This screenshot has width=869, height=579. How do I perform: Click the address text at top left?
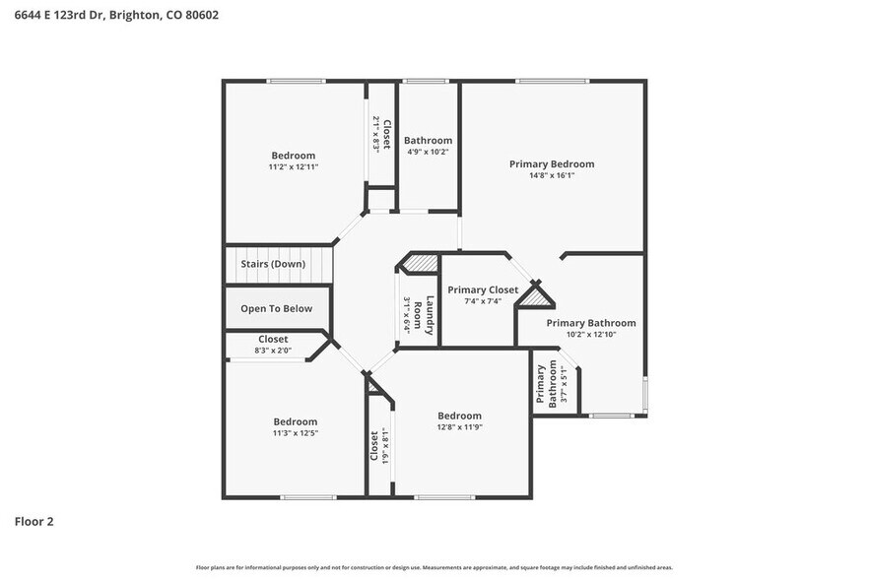tap(116, 15)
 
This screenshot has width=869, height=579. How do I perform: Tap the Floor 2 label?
tap(33, 521)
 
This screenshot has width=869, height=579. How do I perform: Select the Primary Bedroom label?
tap(551, 163)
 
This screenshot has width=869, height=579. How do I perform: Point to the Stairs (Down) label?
tap(273, 264)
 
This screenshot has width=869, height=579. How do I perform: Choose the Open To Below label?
tap(276, 308)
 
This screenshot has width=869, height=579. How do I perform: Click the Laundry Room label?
tap(423, 316)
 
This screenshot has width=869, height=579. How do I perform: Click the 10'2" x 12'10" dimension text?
tap(590, 335)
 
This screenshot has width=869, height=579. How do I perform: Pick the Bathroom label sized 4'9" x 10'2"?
tap(428, 141)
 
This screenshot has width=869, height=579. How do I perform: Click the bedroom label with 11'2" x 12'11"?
tap(294, 155)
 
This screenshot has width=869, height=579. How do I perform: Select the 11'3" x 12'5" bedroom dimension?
tap(295, 433)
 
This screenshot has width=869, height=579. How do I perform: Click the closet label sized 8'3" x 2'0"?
tap(273, 339)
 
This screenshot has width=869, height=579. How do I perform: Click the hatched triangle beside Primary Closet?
tap(536, 296)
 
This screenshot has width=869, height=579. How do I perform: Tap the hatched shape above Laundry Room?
tap(421, 263)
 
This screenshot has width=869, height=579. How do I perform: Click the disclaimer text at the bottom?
tap(434, 567)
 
